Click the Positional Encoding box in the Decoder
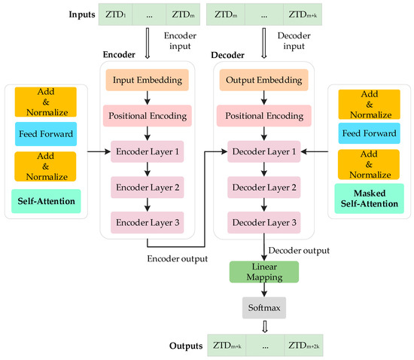263,116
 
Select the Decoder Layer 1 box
263,151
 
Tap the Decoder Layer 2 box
263,187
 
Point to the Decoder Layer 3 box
263,222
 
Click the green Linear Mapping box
263,273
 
